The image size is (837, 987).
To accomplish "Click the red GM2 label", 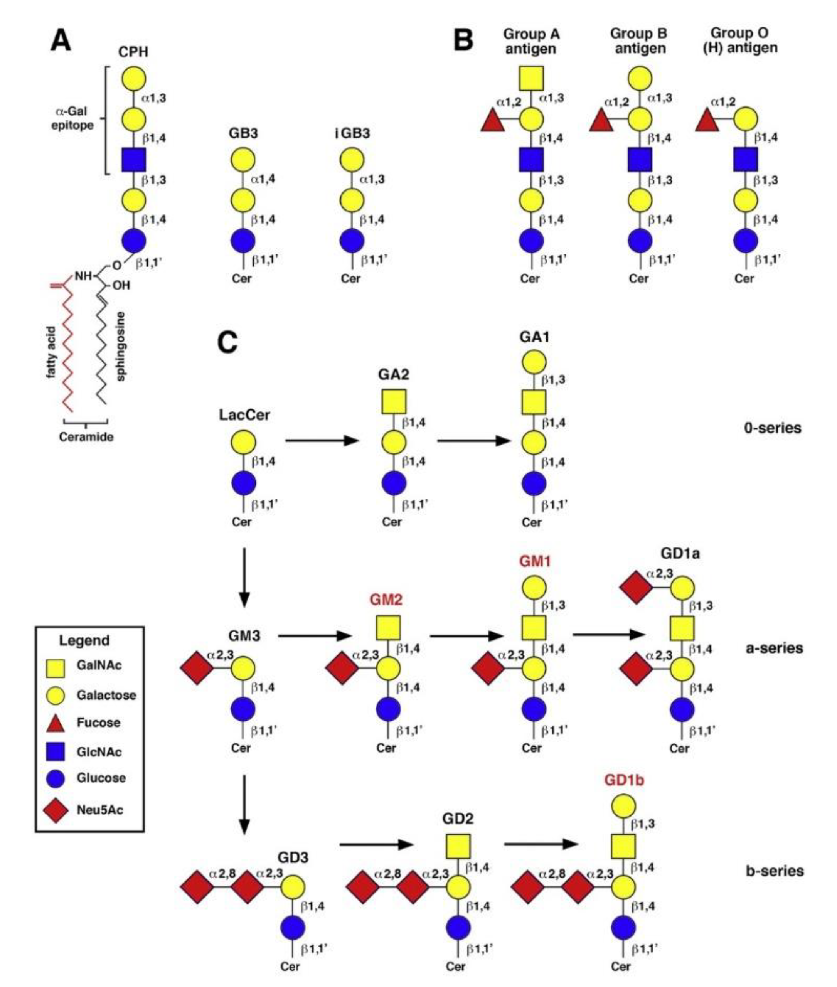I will pyautogui.click(x=386, y=600).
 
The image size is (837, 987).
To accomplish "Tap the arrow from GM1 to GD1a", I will pyautogui.click(x=609, y=635).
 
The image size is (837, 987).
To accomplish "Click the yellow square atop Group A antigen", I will pyautogui.click(x=531, y=78).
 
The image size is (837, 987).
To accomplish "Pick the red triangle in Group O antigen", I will pyautogui.click(x=707, y=120).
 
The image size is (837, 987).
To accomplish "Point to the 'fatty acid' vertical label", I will pyautogui.click(x=51, y=352).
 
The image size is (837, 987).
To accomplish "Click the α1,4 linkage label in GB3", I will pyautogui.click(x=263, y=179).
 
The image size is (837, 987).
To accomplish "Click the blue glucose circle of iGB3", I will pyautogui.click(x=352, y=241).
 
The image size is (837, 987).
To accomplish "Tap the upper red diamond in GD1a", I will pyautogui.click(x=636, y=588).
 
